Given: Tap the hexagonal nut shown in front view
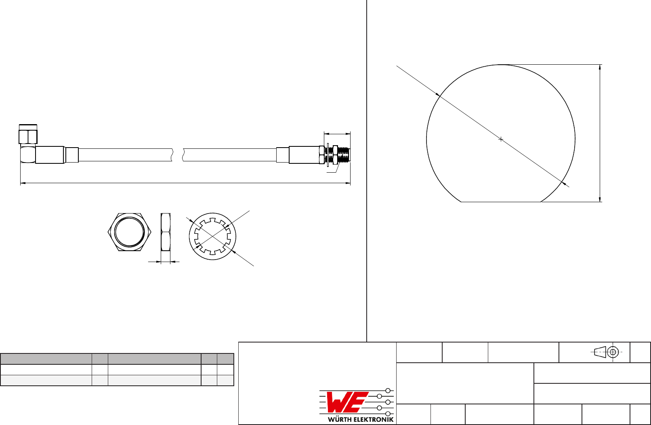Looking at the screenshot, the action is [x=129, y=232].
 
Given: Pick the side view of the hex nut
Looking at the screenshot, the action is [x=166, y=232].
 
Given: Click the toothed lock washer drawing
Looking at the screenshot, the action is [x=212, y=237].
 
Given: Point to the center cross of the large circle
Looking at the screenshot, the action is [x=501, y=140].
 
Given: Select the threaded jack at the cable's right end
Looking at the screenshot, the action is [x=337, y=155].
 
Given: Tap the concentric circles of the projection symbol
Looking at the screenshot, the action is [x=613, y=352].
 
